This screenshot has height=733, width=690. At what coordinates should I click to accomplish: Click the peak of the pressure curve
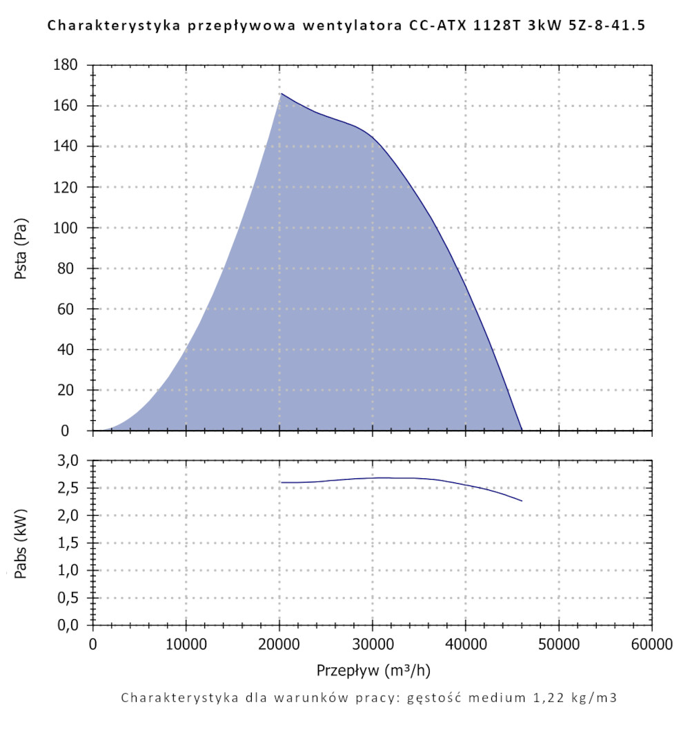click(x=281, y=93)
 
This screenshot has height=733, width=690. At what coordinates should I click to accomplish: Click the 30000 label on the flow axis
click(x=373, y=645)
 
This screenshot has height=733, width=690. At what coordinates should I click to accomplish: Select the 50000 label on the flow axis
click(x=559, y=645)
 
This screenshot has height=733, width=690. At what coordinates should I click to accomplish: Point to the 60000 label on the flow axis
click(x=651, y=645)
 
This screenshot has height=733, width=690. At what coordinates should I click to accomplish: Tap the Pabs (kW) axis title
click(x=22, y=543)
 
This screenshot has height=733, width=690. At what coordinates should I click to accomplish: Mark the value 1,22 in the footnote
click(x=541, y=697)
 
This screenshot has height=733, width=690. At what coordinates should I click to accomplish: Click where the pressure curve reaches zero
click(x=522, y=430)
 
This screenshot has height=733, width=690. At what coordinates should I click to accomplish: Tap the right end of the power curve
click(x=522, y=500)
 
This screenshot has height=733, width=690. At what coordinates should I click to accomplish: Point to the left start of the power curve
click(x=282, y=482)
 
